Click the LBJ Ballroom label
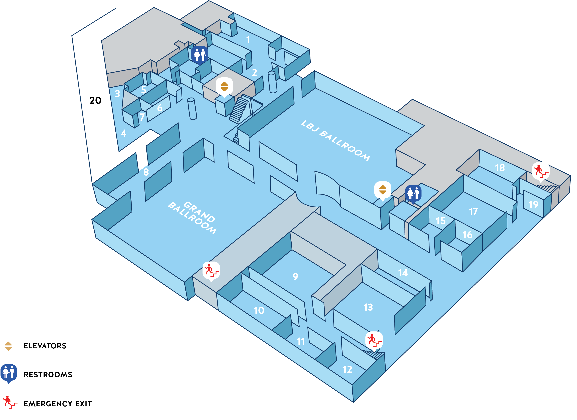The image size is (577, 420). [335, 141]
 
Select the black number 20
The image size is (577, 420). [95, 101]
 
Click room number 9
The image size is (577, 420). [295, 276]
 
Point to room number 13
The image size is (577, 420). [368, 307]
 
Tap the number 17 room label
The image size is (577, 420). [473, 212]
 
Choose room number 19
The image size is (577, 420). [533, 205]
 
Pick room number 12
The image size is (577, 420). [347, 370]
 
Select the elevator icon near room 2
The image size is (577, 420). [224, 86]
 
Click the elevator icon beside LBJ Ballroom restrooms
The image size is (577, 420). [382, 190]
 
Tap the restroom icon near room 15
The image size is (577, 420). [413, 193]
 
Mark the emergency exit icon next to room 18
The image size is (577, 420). [541, 171]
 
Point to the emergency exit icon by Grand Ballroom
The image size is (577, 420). [211, 270]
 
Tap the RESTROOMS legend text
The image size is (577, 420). [48, 375]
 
